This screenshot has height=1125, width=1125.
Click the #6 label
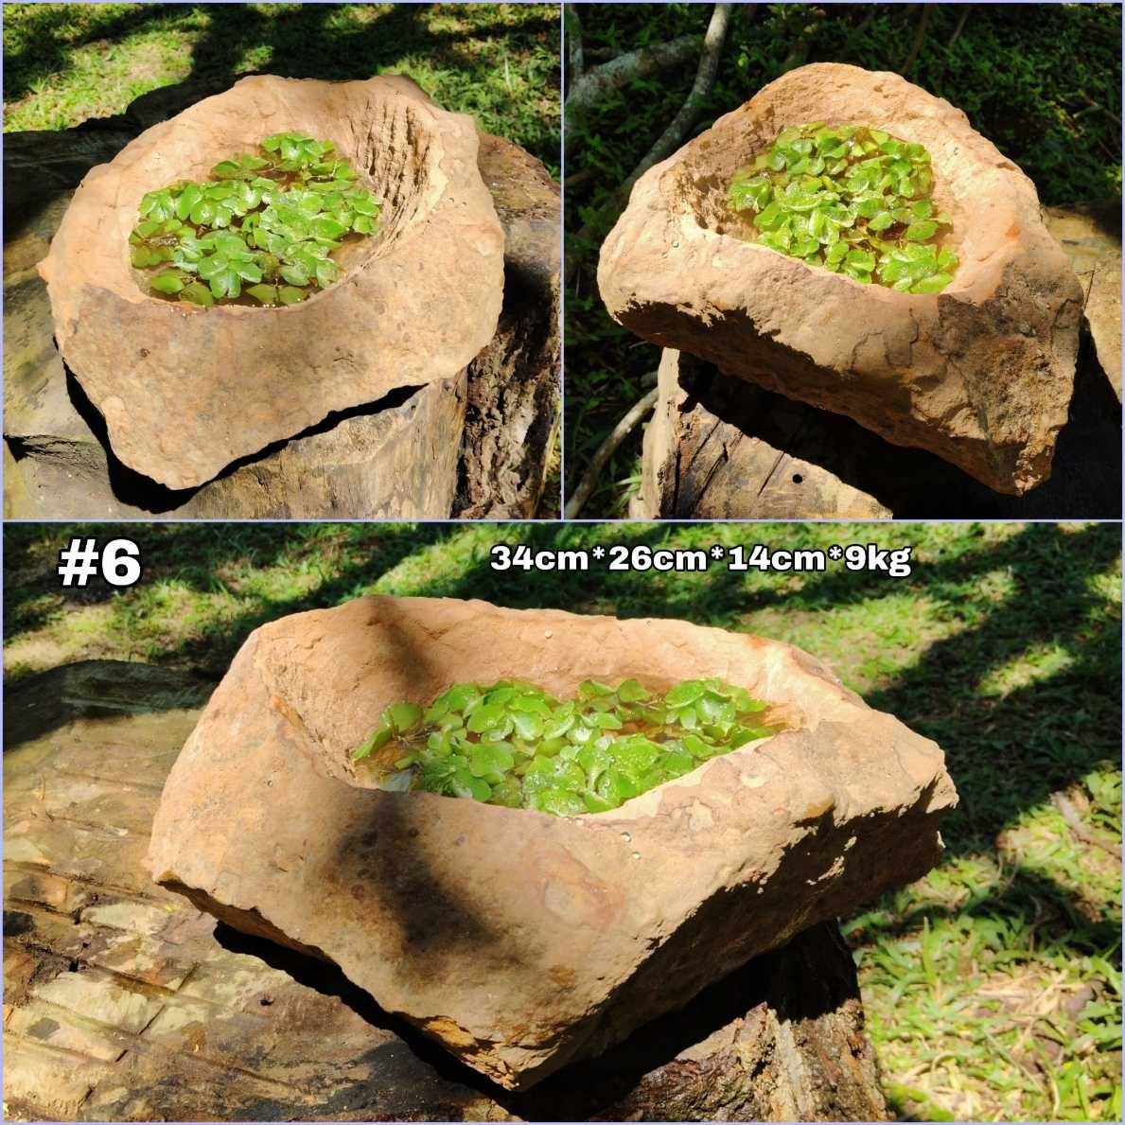[99, 562]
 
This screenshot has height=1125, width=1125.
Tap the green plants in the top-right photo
[843, 206]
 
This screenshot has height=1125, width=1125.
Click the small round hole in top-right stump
[797, 478]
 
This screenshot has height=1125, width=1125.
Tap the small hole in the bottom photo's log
[267, 1000]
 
